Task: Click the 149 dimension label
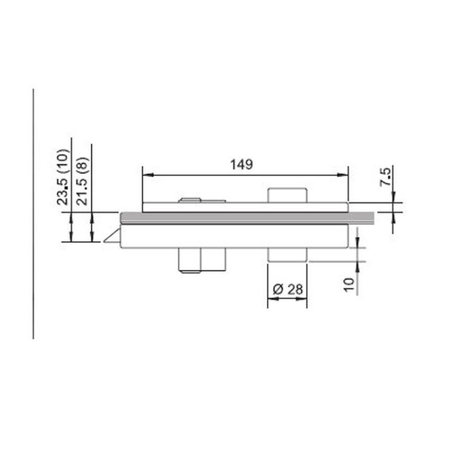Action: tap(242, 165)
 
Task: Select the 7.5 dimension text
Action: tap(386, 177)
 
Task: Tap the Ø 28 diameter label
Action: tap(288, 289)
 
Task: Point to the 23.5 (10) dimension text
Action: tap(63, 177)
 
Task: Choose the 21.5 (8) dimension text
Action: tap(82, 181)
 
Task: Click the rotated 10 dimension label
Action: tap(349, 285)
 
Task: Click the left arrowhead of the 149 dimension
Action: tap(148, 175)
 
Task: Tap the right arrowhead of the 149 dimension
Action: tap(342, 175)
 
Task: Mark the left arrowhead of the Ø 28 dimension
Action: tap(273, 298)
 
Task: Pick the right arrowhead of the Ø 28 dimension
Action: tap(301, 298)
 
